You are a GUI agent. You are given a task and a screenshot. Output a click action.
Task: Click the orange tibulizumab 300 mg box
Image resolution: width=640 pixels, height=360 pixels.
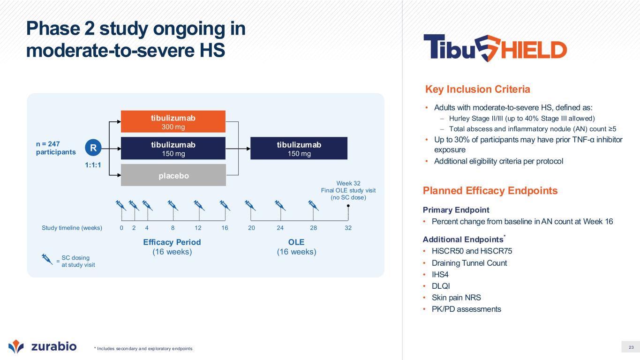(x=173, y=121)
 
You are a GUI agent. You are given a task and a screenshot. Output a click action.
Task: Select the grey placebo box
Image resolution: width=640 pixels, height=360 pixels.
(x=173, y=175)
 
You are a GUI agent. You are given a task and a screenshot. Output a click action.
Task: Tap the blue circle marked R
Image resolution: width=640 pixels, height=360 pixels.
(x=93, y=148)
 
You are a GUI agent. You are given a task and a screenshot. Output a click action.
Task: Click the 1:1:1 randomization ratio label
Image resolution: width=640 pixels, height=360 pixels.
(x=93, y=165)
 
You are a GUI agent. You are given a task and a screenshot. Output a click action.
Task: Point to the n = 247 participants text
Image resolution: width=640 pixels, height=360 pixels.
(x=56, y=148)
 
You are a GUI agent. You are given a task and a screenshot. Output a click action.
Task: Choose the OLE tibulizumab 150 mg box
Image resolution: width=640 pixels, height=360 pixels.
(x=299, y=148)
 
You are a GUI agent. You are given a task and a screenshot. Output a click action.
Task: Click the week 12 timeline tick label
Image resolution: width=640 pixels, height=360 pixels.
(x=198, y=228)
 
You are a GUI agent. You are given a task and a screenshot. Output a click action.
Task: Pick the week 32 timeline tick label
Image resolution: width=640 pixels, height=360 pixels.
(x=348, y=228)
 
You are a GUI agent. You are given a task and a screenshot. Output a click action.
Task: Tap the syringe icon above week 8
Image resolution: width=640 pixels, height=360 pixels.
(x=173, y=205)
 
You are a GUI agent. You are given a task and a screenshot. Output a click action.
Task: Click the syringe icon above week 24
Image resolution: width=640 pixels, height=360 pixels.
(x=280, y=205)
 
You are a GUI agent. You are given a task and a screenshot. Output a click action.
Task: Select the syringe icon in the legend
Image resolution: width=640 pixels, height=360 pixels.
(x=47, y=259)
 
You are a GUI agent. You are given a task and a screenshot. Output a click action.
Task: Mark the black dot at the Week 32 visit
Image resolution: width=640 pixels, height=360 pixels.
(x=348, y=206)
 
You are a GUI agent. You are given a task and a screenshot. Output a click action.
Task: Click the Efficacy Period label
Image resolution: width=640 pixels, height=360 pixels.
(x=172, y=242)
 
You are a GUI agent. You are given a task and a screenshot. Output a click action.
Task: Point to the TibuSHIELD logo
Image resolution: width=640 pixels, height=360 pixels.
(x=495, y=48)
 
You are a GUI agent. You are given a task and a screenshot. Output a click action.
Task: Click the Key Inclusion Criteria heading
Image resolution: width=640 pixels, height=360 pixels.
(x=477, y=89)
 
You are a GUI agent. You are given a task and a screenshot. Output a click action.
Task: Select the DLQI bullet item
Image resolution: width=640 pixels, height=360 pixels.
(x=441, y=286)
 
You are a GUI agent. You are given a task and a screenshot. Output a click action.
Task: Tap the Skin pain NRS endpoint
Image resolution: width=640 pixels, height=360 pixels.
(x=456, y=298)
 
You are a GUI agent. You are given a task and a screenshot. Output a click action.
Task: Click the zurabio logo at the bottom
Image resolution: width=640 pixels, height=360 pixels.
(x=42, y=346)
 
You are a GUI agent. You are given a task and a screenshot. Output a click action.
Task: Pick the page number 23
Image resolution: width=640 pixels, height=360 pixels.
(x=631, y=347)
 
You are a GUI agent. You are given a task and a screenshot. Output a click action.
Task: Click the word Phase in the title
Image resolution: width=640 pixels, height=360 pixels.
(x=53, y=29)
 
